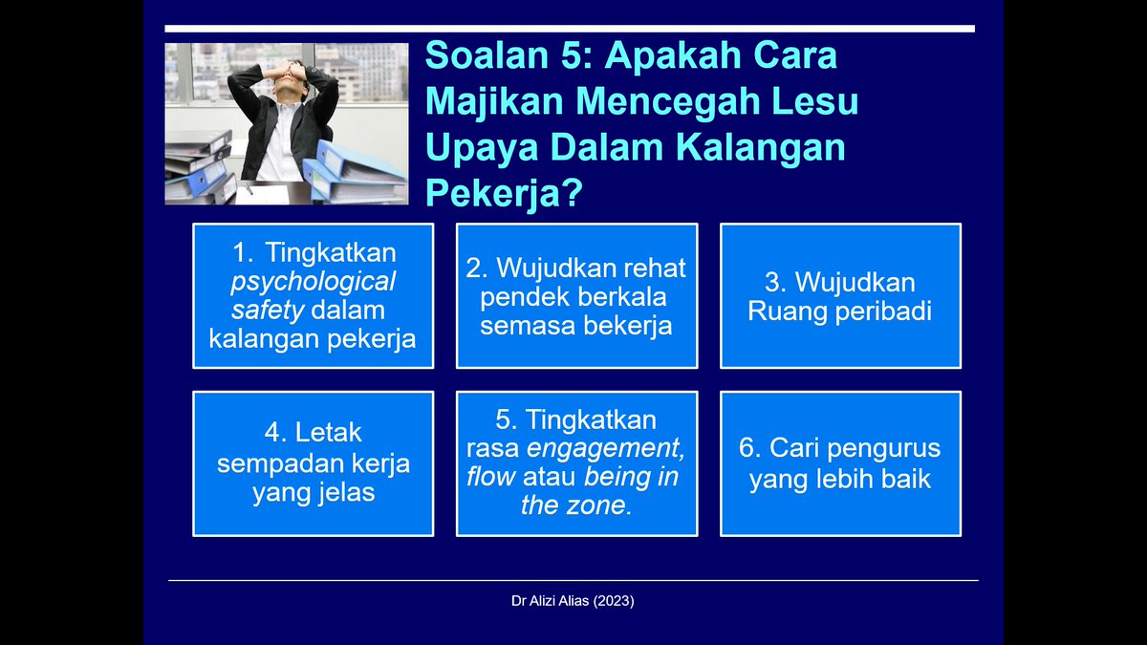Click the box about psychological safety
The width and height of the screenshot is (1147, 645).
(313, 296)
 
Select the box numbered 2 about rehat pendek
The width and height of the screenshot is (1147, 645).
(576, 296)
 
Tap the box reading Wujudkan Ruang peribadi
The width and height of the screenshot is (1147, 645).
(840, 296)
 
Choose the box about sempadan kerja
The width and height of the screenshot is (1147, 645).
(313, 463)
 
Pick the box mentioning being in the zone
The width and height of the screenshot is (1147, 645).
(576, 463)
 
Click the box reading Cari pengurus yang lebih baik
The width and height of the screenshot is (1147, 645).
(840, 463)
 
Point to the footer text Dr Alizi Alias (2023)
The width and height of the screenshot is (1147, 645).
(573, 602)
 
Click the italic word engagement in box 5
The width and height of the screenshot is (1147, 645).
(607, 448)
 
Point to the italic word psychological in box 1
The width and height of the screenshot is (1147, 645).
(313, 282)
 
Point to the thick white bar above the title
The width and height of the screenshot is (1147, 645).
(570, 29)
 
